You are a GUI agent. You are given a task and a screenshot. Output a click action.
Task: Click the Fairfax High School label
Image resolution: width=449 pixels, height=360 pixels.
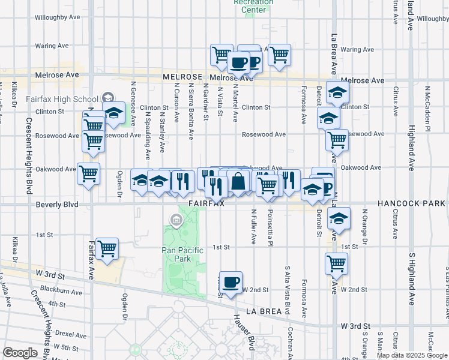coord(62,99)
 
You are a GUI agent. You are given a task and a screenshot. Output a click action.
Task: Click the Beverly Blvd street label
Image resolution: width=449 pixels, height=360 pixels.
coord(58,205)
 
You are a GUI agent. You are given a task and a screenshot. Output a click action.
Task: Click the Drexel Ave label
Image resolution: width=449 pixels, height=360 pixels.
coord(71,335)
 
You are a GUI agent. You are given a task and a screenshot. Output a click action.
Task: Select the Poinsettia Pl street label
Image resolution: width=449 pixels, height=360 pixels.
coord(271,227)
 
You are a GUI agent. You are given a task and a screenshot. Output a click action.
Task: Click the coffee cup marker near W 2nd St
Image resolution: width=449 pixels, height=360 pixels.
coord(231,281)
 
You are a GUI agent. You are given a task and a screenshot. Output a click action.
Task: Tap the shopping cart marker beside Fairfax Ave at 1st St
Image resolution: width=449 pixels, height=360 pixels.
coord(107,248)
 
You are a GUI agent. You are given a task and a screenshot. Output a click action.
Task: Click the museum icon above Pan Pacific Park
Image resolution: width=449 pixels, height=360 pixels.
coord(176,221)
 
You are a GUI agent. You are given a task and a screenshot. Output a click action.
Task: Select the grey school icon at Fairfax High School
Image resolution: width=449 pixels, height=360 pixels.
coord(107,97)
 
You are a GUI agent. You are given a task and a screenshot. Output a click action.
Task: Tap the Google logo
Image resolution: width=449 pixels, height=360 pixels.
coord(19,353)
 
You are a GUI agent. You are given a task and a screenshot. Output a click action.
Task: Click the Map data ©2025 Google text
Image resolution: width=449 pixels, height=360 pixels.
coord(411,355)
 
